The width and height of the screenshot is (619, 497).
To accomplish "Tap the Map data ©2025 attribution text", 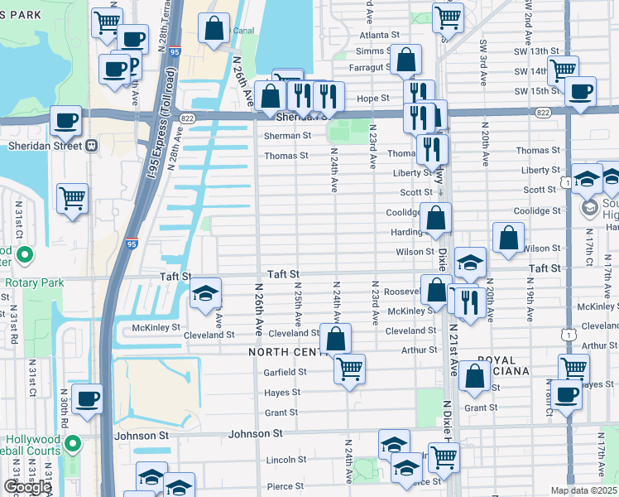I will (x=584, y=490).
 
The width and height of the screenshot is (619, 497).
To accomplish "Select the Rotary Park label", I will (x=34, y=282).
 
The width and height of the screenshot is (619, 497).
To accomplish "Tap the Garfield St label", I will (x=286, y=372).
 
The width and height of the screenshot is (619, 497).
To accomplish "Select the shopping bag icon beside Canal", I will (x=214, y=28).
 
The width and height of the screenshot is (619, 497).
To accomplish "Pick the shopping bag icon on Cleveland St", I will (x=335, y=338).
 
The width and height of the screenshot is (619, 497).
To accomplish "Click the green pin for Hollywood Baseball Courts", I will (x=73, y=444).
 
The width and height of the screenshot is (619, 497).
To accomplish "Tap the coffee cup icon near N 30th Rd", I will (x=87, y=398).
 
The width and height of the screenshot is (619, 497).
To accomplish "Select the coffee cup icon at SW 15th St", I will (x=580, y=91).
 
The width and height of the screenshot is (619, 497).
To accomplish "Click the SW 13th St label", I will (x=531, y=51).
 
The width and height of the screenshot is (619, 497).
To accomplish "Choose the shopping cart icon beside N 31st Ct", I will (x=72, y=199).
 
